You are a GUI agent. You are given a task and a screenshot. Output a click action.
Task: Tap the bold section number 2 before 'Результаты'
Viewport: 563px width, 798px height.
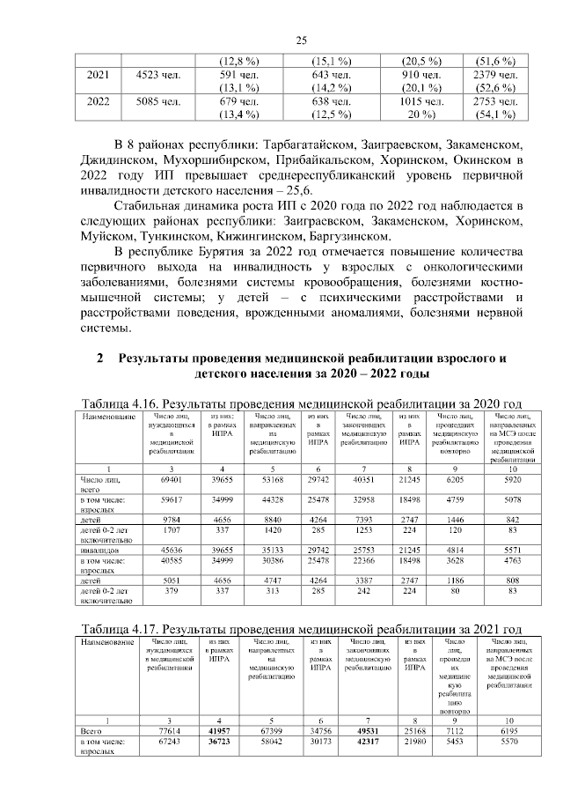[x=100, y=358]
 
